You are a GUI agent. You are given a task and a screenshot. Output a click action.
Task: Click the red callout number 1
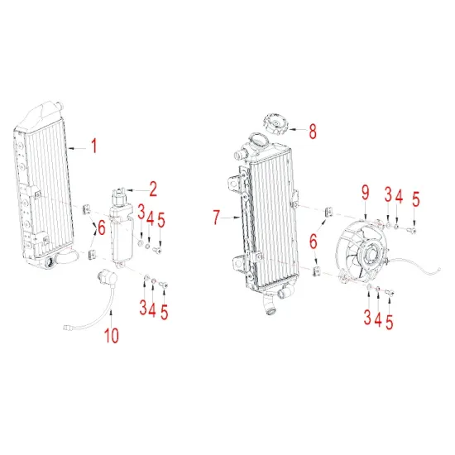[93, 147]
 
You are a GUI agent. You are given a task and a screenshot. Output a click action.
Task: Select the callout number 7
[217, 218]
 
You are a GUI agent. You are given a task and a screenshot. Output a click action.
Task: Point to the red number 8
[313, 130]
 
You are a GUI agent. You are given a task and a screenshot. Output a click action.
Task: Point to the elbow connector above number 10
[106, 275]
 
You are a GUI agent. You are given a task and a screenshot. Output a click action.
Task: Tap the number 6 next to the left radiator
[102, 227]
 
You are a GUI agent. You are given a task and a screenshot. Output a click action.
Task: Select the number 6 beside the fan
[314, 241]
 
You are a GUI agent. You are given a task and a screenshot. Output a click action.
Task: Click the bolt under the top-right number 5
[414, 230]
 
